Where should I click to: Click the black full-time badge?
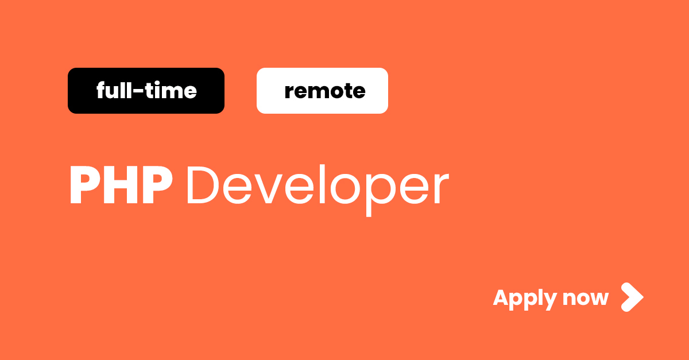click(x=146, y=91)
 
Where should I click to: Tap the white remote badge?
click(x=322, y=91)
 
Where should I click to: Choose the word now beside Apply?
click(x=585, y=299)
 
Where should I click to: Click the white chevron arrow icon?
click(x=632, y=297)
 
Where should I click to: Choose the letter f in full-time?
click(x=101, y=91)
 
